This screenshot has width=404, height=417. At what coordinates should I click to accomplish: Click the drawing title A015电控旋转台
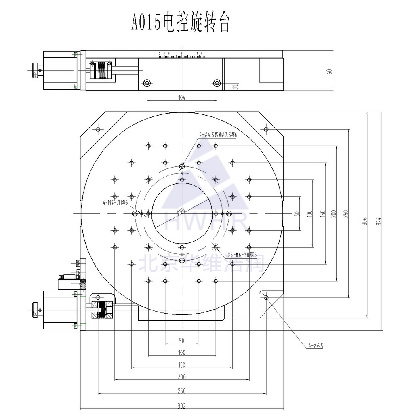pos(181,23)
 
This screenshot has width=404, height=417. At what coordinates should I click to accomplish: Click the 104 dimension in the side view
pos(181,97)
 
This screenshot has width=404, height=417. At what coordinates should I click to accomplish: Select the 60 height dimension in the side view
pos(329,72)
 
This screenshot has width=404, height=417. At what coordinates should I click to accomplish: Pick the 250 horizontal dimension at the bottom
pos(181,391)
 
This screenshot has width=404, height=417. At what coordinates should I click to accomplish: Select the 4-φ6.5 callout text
pos(316,345)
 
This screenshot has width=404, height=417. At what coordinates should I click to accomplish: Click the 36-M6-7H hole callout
pos(242,255)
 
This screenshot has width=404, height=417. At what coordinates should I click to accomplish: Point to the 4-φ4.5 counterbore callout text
pos(217,135)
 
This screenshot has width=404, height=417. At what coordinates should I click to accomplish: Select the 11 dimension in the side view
pos(235,86)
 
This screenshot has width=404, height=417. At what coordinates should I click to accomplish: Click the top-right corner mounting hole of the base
pos(265,129)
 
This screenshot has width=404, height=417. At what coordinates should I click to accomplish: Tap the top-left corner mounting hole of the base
pos(98,129)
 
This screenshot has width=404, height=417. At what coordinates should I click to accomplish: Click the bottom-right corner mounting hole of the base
pos(265,298)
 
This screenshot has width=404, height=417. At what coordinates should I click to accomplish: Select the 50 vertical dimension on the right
pos(297,213)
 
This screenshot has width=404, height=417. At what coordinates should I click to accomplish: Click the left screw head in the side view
pos(147,83)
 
